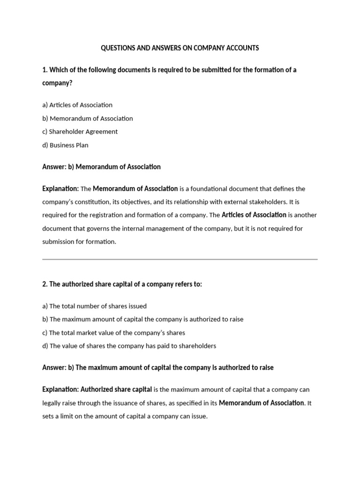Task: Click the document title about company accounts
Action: click(180, 48)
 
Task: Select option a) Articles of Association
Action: click(77, 105)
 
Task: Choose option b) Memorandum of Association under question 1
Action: click(88, 119)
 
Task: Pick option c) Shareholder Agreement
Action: click(80, 132)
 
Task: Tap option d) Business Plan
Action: click(65, 145)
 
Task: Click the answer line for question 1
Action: click(101, 167)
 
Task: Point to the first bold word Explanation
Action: click(60, 189)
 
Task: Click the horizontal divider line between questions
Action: click(180, 259)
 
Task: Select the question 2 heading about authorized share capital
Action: click(122, 285)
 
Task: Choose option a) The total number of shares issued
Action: click(94, 306)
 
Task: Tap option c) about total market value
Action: click(113, 333)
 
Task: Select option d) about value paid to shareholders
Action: click(129, 346)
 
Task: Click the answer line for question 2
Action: click(157, 368)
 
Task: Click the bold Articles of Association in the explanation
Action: click(254, 215)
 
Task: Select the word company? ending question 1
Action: click(57, 83)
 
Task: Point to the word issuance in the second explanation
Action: click(143, 403)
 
